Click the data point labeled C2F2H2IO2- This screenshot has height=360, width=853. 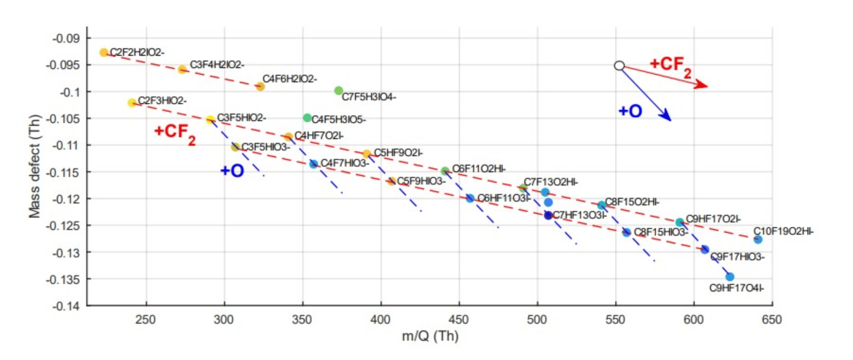pyautogui.click(x=103, y=52)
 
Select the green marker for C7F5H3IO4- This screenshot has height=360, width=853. pyautogui.click(x=338, y=91)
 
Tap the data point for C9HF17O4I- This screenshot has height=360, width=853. pyautogui.click(x=730, y=277)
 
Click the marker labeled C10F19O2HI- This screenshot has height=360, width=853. pyautogui.click(x=758, y=239)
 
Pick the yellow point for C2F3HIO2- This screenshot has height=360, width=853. pyautogui.click(x=132, y=103)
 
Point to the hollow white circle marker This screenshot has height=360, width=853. pyautogui.click(x=619, y=66)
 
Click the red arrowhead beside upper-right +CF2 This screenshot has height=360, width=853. pyautogui.click(x=702, y=85)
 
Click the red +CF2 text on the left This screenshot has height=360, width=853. pyautogui.click(x=175, y=134)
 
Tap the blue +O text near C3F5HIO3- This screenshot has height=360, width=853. pyautogui.click(x=232, y=171)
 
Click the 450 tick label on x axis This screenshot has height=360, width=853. pyautogui.click(x=459, y=320)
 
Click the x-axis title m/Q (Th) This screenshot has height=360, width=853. pyautogui.click(x=430, y=336)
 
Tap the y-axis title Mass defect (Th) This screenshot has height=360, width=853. pyautogui.click(x=34, y=166)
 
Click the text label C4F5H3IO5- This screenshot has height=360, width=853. pyautogui.click(x=338, y=120)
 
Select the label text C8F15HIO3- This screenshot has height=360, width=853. pyautogui.click(x=661, y=232)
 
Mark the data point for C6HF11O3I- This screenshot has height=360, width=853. pyautogui.click(x=470, y=198)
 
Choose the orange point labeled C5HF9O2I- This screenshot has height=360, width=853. pyautogui.click(x=367, y=154)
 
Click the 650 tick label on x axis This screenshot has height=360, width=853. pyautogui.click(x=772, y=320)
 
